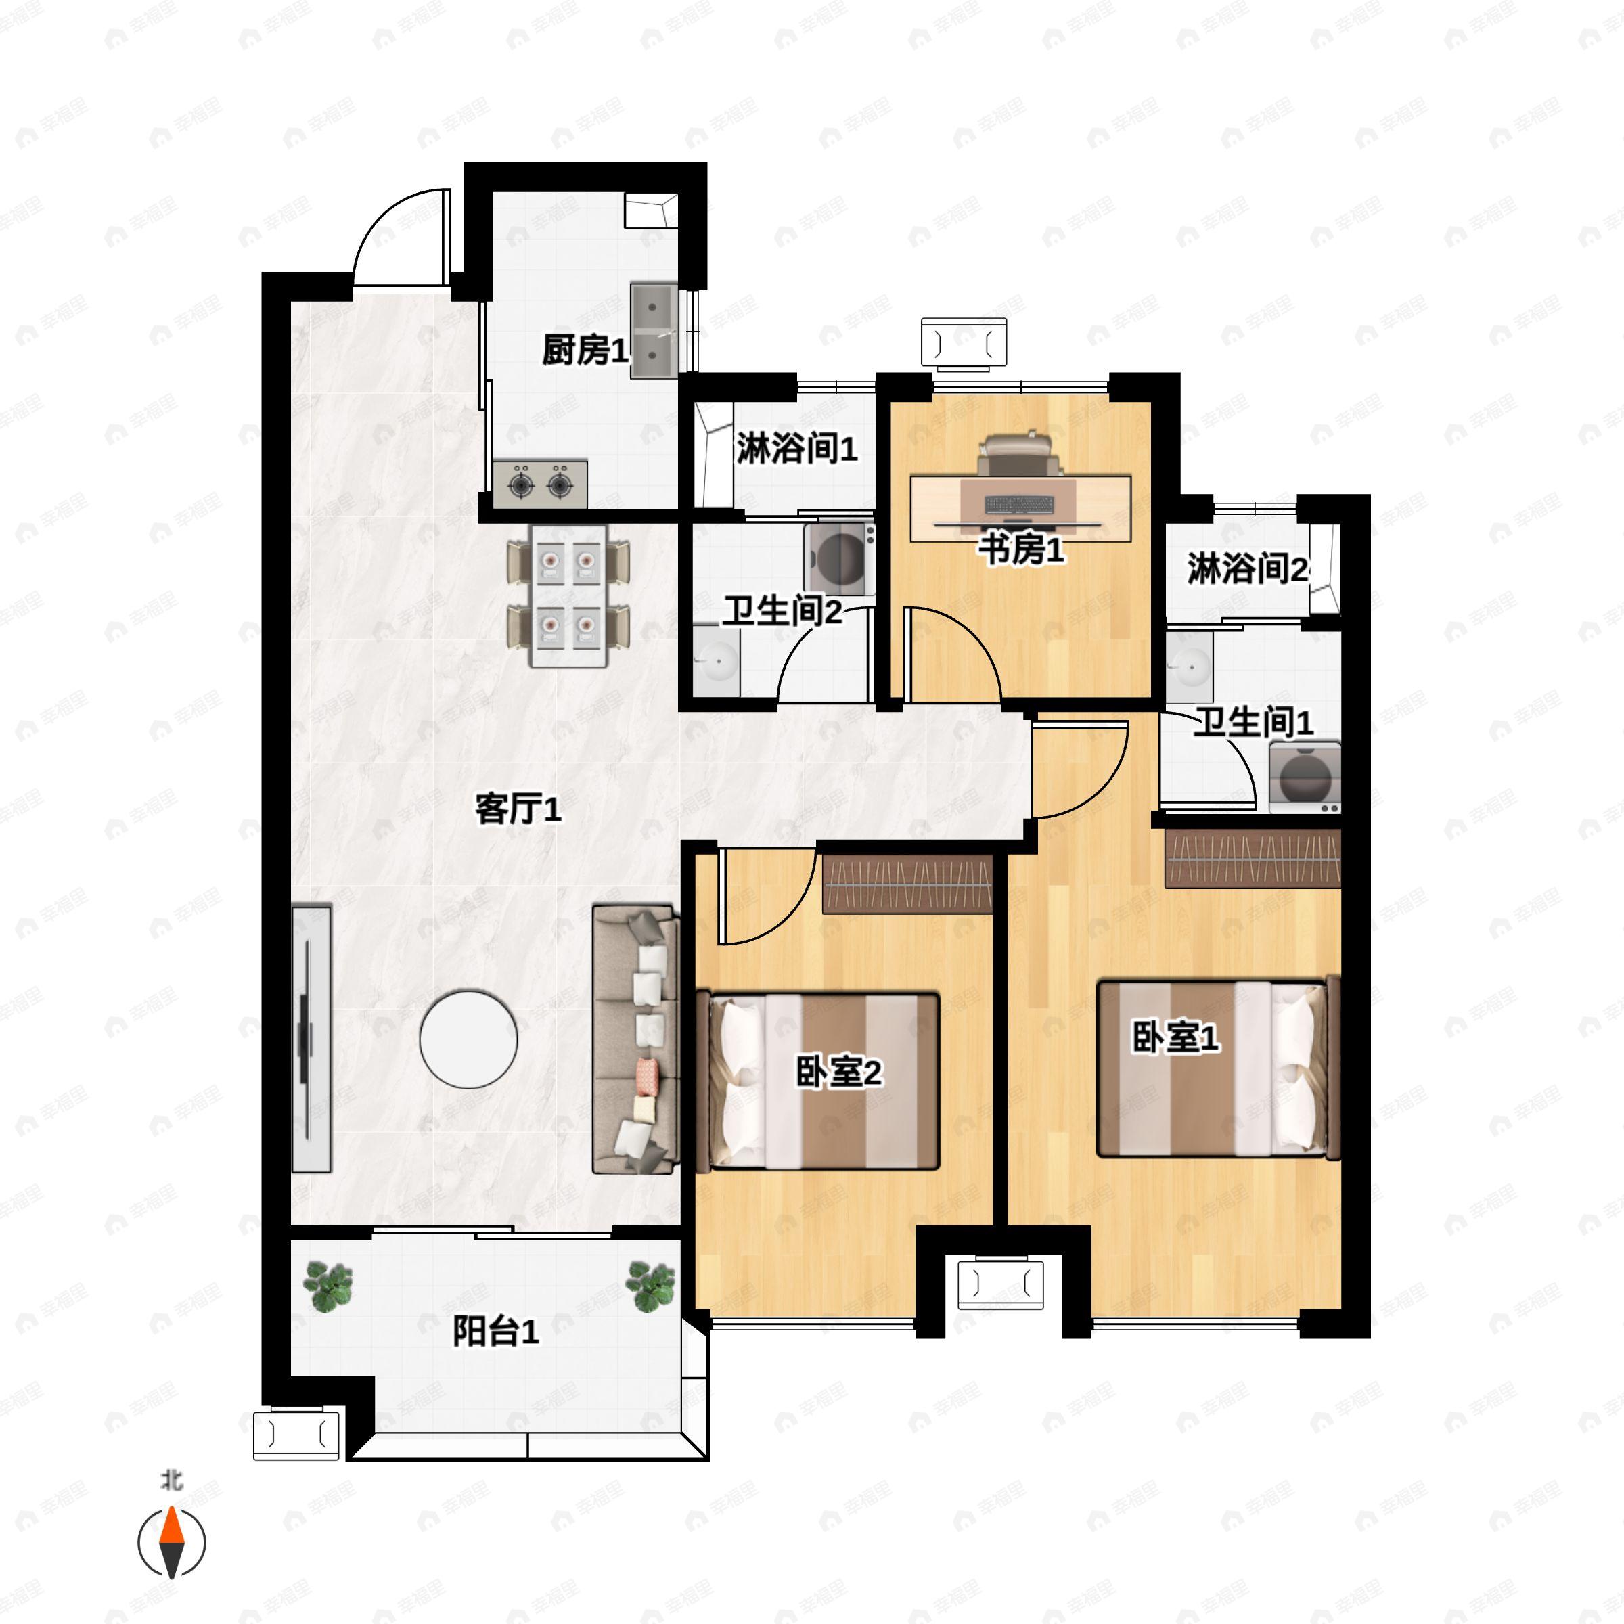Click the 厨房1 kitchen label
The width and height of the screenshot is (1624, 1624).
(585, 350)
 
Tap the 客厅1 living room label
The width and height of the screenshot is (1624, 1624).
(518, 809)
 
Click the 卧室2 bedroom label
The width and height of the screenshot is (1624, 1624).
(839, 1073)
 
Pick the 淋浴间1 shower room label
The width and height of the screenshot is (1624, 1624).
(797, 448)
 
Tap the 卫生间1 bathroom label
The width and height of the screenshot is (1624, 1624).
(1253, 722)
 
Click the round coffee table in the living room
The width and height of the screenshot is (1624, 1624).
(468, 1039)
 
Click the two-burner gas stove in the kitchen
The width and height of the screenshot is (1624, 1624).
(540, 484)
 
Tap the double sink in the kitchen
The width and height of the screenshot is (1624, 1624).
(654, 330)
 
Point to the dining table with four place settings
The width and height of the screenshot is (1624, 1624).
(568, 596)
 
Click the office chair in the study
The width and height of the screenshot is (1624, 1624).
(1018, 454)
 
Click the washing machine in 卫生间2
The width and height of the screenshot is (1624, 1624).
(839, 558)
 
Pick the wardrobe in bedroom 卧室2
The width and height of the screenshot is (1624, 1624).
(907, 884)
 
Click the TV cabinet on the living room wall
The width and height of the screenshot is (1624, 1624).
(311, 1039)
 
